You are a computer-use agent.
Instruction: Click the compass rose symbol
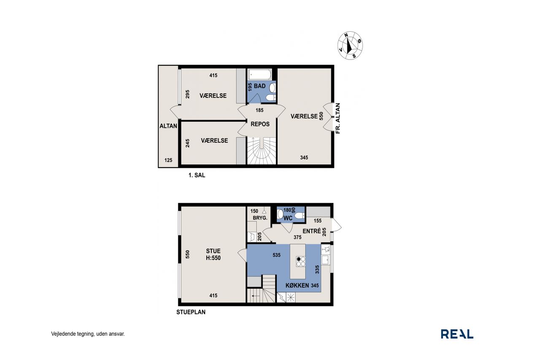click(x=350, y=45)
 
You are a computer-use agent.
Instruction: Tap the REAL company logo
click(x=457, y=334)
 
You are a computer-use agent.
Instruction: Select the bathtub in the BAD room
click(x=259, y=75)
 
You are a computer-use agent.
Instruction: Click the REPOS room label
click(x=260, y=124)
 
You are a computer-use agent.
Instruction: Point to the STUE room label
click(x=213, y=251)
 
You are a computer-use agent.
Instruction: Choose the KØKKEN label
click(x=297, y=285)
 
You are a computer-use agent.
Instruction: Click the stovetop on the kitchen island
click(x=301, y=262)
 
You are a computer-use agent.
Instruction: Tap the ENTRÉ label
click(x=312, y=231)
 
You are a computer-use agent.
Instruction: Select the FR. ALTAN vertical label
click(x=338, y=119)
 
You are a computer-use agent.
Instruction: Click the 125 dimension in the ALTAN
click(x=168, y=160)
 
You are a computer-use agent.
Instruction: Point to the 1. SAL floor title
click(x=197, y=175)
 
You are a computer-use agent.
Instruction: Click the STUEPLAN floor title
click(x=191, y=312)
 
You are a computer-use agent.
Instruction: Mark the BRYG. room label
click(x=260, y=218)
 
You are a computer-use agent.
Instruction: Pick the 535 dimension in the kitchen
click(x=276, y=255)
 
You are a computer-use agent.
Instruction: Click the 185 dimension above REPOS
click(x=259, y=111)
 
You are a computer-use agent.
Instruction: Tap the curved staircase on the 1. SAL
click(x=262, y=151)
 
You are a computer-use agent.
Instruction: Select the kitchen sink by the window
click(x=325, y=260)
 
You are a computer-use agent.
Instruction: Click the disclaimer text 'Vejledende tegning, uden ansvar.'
click(x=88, y=334)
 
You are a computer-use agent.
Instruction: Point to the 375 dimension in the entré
click(x=297, y=237)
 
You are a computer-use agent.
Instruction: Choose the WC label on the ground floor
click(x=288, y=218)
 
